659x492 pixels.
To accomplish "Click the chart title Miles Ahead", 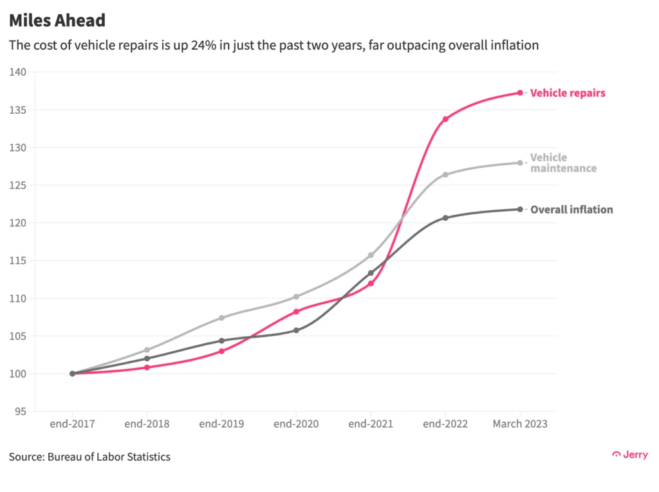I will (x=57, y=21).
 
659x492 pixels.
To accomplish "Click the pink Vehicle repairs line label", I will (x=567, y=93).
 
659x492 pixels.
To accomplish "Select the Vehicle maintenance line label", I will (x=562, y=163).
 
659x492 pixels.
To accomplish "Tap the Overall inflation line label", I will (x=571, y=210).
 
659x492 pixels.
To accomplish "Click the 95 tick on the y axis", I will (x=21, y=412).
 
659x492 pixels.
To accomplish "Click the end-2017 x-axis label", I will (x=72, y=424).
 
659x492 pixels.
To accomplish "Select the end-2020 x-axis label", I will (x=296, y=424).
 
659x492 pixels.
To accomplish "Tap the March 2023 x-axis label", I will (x=520, y=424).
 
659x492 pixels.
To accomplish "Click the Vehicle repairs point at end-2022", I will (x=445, y=119).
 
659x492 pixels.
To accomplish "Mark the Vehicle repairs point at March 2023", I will (x=520, y=93).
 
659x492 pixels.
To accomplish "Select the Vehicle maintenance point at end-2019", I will (x=221, y=318).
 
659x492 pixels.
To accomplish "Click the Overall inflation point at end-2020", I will (x=296, y=330).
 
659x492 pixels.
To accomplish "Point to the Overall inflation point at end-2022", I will (x=445, y=217).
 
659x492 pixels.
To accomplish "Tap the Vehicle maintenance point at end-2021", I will (x=371, y=255).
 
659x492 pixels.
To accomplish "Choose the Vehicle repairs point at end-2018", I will (x=147, y=367).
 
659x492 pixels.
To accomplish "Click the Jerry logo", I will (x=629, y=455).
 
